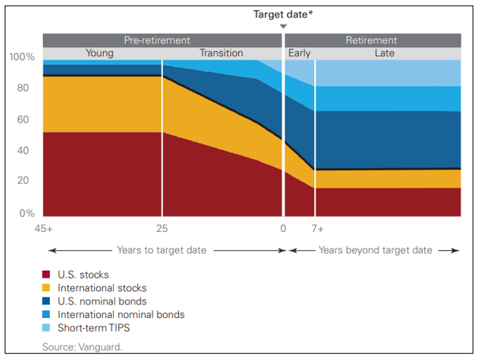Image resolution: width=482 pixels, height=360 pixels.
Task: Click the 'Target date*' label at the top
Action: click(x=283, y=14)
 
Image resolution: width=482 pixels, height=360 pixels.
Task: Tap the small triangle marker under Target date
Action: click(x=283, y=27)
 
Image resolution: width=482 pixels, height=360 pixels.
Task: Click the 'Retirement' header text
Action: click(x=371, y=40)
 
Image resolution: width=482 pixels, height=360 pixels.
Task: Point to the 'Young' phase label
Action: click(x=100, y=54)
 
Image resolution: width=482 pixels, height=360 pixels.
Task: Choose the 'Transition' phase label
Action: click(x=221, y=54)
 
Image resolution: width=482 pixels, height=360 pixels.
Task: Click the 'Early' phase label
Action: click(x=299, y=54)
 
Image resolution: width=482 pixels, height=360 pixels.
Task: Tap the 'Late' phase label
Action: click(x=384, y=54)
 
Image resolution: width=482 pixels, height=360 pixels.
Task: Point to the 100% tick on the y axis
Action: click(x=22, y=58)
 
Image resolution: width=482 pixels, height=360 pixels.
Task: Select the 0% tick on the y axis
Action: click(x=27, y=213)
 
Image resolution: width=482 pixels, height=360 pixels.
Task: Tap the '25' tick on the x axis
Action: click(x=162, y=229)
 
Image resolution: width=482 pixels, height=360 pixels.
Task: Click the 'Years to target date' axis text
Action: click(x=162, y=250)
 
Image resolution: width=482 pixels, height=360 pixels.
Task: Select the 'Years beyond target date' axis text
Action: click(x=375, y=250)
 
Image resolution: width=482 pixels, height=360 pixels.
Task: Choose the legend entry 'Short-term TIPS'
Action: click(x=94, y=328)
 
